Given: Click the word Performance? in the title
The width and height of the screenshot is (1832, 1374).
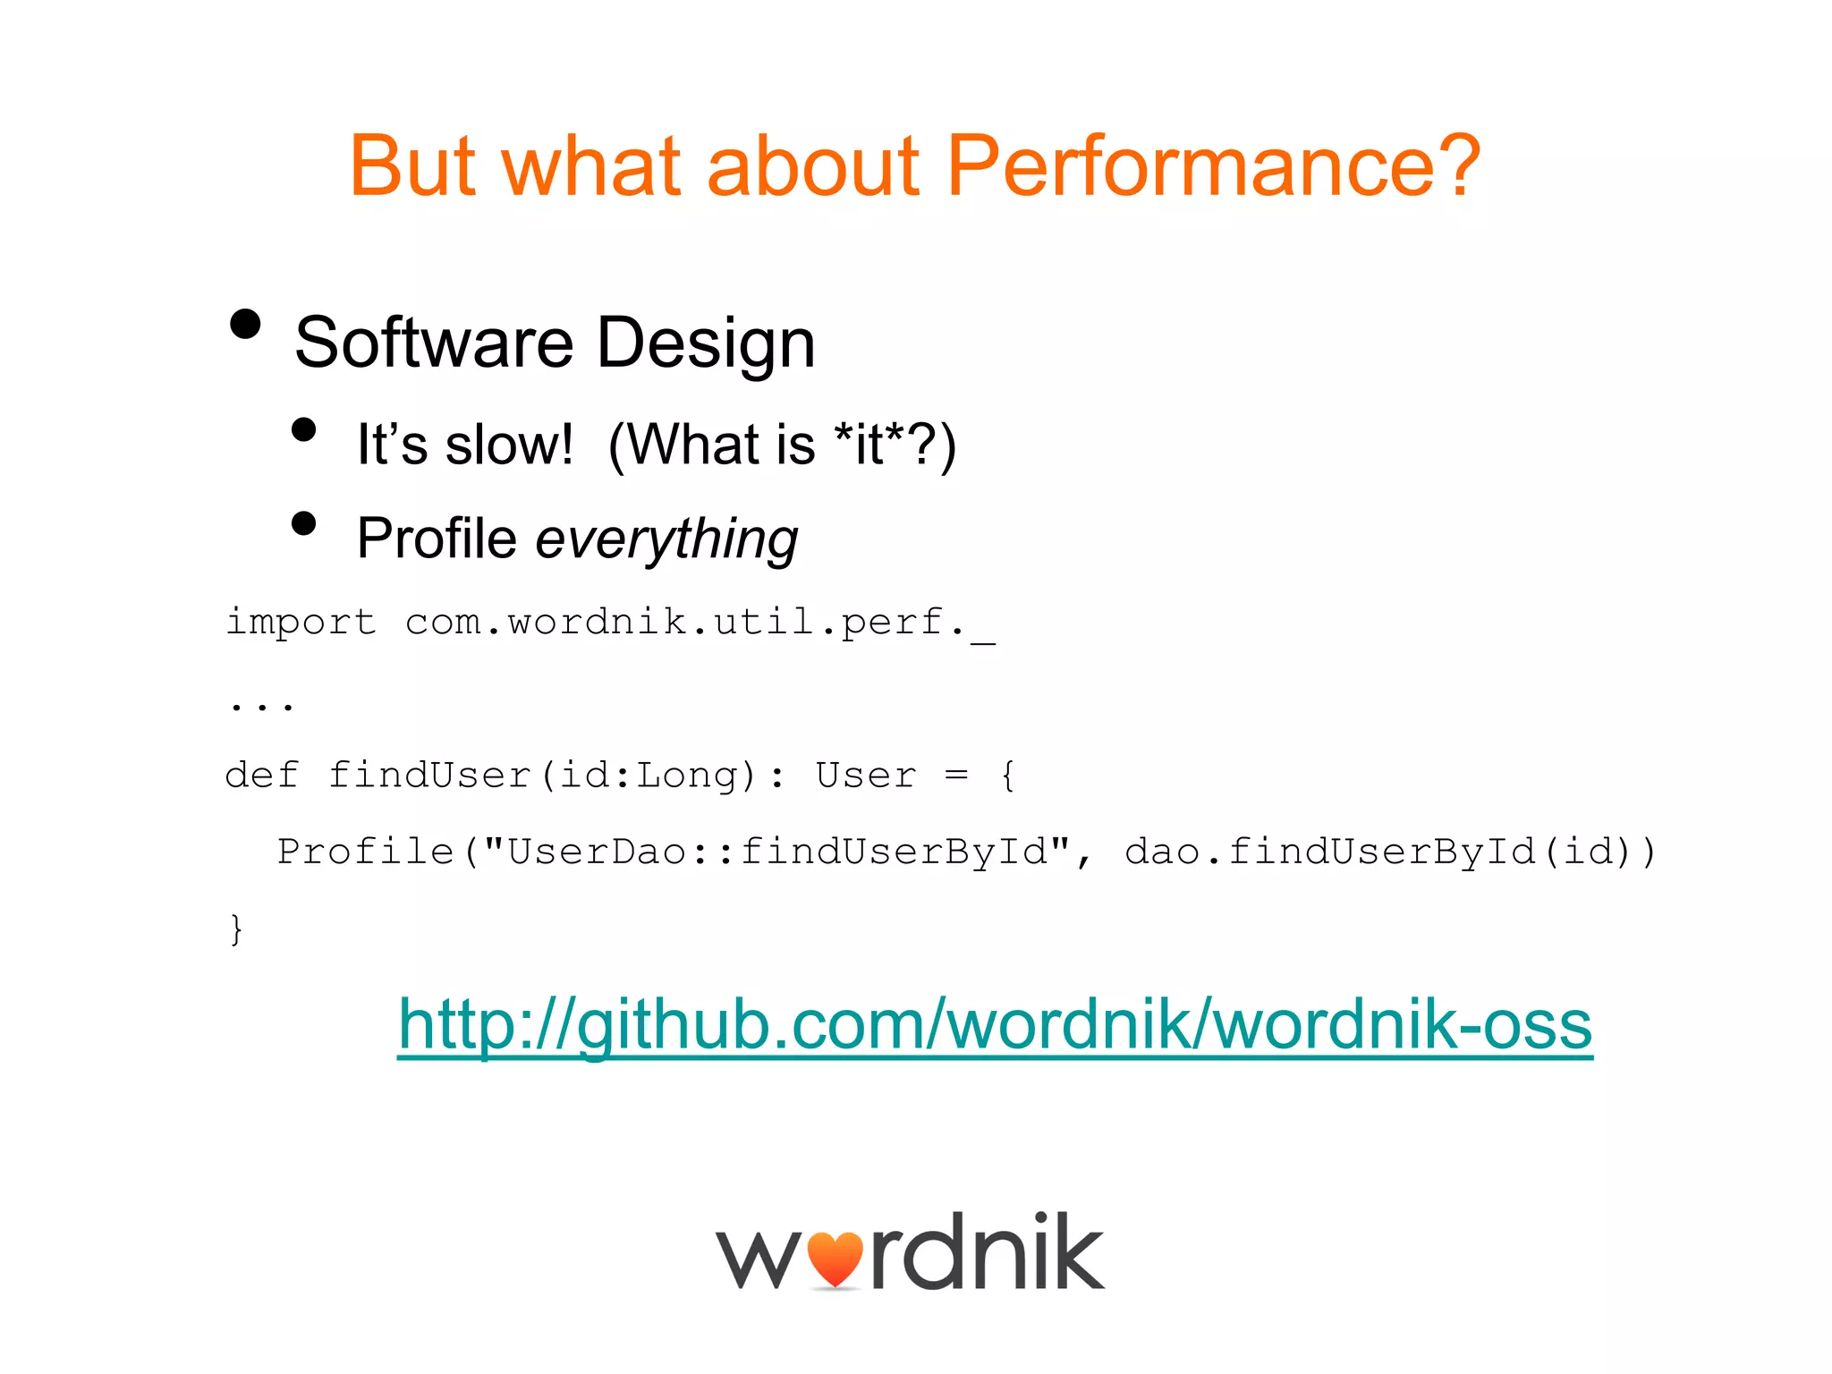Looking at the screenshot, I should pyautogui.click(x=1213, y=166).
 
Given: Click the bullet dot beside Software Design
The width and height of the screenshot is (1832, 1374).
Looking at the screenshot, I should pyautogui.click(x=245, y=324).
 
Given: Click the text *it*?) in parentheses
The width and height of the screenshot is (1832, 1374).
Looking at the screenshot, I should pyautogui.click(x=895, y=445).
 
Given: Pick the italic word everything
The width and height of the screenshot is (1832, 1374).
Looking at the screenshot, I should pyautogui.click(x=666, y=539).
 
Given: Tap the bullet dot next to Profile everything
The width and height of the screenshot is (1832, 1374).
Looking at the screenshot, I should pyautogui.click(x=304, y=523).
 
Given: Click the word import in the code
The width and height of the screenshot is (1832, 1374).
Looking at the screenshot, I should pyautogui.click(x=301, y=622).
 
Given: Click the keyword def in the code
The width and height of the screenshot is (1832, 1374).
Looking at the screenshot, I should pyautogui.click(x=261, y=775).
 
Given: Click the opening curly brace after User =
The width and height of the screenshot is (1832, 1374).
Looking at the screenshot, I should pyautogui.click(x=1008, y=775).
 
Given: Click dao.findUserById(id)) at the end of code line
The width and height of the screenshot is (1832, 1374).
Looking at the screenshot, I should pyautogui.click(x=1390, y=852).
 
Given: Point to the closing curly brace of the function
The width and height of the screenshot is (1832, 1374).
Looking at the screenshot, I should pyautogui.click(x=236, y=929).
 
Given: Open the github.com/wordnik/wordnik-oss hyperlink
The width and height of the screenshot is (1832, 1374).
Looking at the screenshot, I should pyautogui.click(x=995, y=1025).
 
